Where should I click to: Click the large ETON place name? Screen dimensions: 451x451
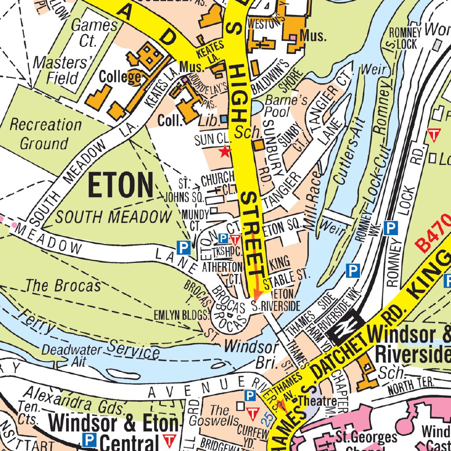pos(121,185)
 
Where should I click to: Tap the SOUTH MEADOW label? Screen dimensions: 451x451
pos(114,217)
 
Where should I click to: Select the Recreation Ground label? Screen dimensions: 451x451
pos(45,134)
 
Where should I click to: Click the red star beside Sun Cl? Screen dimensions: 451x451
pos(225,152)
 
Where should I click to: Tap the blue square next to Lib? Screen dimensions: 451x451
pos(225,119)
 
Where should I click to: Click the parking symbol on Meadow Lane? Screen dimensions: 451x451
pos(184,248)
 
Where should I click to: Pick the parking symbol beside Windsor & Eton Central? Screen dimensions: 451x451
pos(90,439)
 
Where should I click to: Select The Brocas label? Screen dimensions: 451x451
pos(63,286)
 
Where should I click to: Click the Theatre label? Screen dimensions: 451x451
pos(318,401)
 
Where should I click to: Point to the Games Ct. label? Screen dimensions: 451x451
pos(94,33)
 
